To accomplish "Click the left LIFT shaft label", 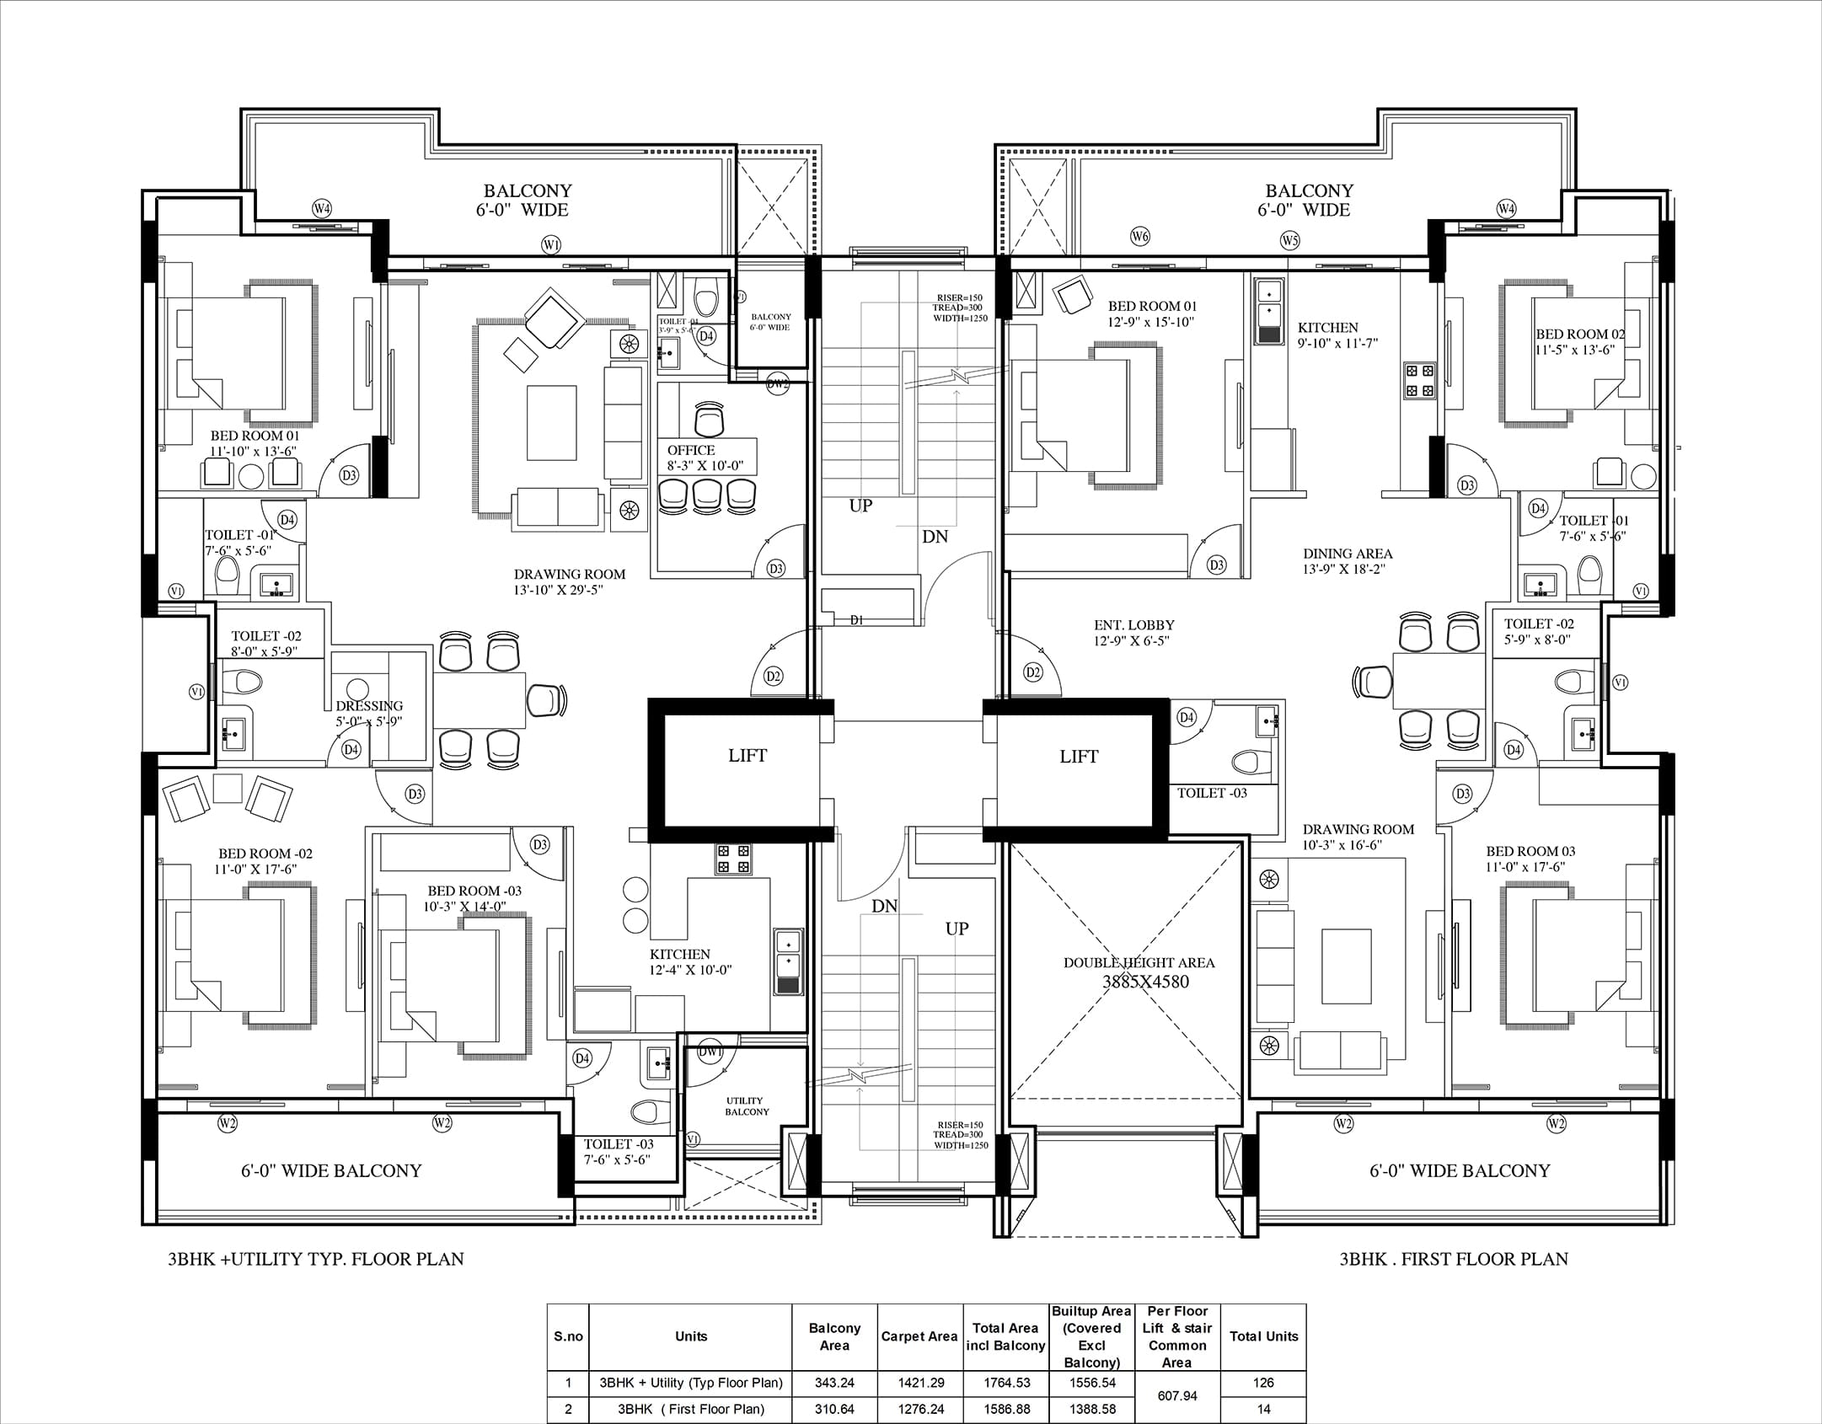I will tap(748, 756).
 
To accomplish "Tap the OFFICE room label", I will tap(691, 451).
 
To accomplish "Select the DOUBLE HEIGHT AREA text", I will tap(1139, 963).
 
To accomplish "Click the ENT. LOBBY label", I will tap(1133, 625).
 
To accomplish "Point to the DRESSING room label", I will tap(369, 706).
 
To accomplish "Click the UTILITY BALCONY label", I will tap(747, 1105).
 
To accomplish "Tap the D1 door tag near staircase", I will tap(856, 620).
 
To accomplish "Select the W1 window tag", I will tap(551, 245).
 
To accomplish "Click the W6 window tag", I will tap(1139, 237).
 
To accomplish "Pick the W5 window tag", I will tap(1289, 240).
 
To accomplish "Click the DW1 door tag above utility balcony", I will tap(710, 1052).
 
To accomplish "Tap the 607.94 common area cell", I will tap(1177, 1395).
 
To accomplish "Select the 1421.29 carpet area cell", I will tap(919, 1383).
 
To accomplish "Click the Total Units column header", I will tap(1263, 1336).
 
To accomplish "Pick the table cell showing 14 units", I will tap(1263, 1409).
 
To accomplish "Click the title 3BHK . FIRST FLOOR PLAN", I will tap(1454, 1259).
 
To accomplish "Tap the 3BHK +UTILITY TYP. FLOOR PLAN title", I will tap(316, 1259).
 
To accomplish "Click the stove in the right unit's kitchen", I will tap(1419, 380).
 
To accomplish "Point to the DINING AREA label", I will tap(1348, 554).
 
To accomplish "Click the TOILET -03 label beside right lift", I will tap(1212, 793).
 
